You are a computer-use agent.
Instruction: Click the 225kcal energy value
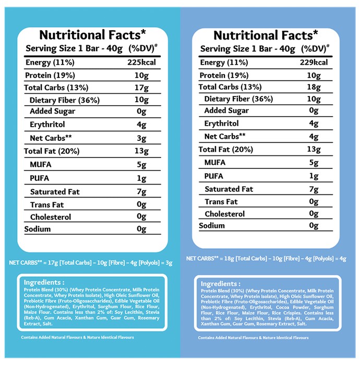tap(141, 63)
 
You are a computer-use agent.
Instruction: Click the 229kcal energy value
tap(314, 63)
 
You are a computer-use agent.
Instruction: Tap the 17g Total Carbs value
tap(141, 88)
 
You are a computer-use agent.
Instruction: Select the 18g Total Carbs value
tap(314, 87)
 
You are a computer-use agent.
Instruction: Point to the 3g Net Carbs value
tap(141, 138)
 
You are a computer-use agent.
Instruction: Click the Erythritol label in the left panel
tap(47, 125)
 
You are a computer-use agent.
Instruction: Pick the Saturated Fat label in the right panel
tap(229, 189)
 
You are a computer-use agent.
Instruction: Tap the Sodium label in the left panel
tap(38, 229)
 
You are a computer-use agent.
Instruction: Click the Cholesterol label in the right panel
tap(225, 214)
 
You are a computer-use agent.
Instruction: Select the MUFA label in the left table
tap(41, 165)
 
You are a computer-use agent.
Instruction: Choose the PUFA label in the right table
tap(214, 176)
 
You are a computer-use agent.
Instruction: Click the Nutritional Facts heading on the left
tap(92, 35)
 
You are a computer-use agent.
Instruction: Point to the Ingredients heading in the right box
tap(221, 284)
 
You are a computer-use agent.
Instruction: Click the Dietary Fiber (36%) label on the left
tap(65, 100)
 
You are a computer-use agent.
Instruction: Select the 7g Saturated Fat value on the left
tap(141, 192)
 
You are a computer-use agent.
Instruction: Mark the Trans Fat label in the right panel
tap(221, 202)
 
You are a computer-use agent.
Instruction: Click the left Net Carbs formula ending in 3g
tap(91, 263)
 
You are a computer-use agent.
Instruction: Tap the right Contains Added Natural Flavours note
tap(254, 337)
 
